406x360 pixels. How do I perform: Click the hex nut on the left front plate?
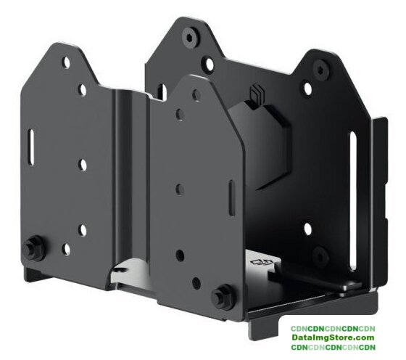pos(33,248)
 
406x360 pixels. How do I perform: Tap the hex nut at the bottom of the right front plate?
pos(223,297)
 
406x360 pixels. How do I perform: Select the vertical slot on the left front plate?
pos(31,147)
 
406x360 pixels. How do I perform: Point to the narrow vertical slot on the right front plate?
pos(232,198)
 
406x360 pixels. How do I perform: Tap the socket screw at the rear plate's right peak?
pos(320,68)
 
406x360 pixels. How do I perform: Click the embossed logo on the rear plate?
pos(255,94)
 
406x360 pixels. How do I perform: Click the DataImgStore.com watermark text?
pos(333,337)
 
